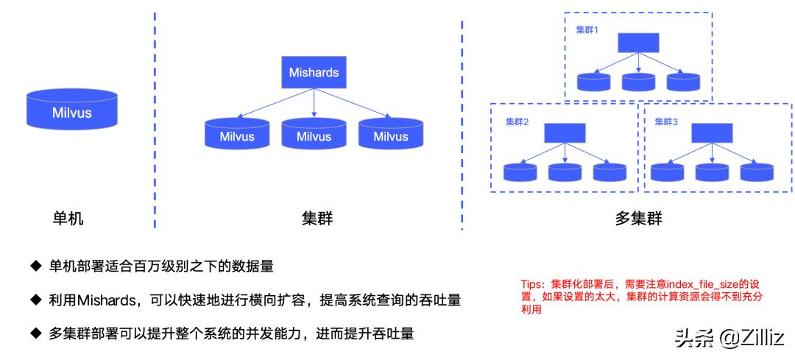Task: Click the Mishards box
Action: pyautogui.click(x=314, y=73)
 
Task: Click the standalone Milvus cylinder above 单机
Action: pyautogui.click(x=71, y=111)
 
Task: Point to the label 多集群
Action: pyautogui.click(x=638, y=219)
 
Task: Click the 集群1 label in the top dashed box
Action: pyautogui.click(x=587, y=30)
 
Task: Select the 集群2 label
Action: pyautogui.click(x=517, y=122)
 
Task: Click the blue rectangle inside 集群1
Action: pyautogui.click(x=638, y=43)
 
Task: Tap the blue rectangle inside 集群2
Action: pyautogui.click(x=565, y=133)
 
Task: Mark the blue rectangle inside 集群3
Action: pyautogui.click(x=712, y=133)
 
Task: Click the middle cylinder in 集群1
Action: pyautogui.click(x=638, y=81)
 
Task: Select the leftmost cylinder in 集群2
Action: pyautogui.click(x=520, y=172)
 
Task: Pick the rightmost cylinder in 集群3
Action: pyautogui.click(x=757, y=172)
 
